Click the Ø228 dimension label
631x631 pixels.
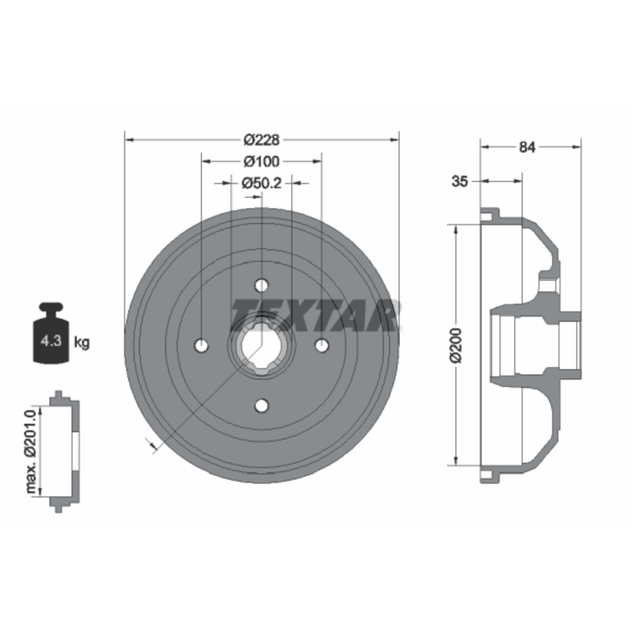(x=261, y=140)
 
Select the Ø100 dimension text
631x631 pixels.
(x=261, y=161)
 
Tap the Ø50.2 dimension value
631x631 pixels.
(x=261, y=183)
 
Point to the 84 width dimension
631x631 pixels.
(x=527, y=147)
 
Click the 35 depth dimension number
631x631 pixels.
(x=460, y=181)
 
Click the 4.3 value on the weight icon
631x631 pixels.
(x=51, y=341)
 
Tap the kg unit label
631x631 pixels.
(x=82, y=342)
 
